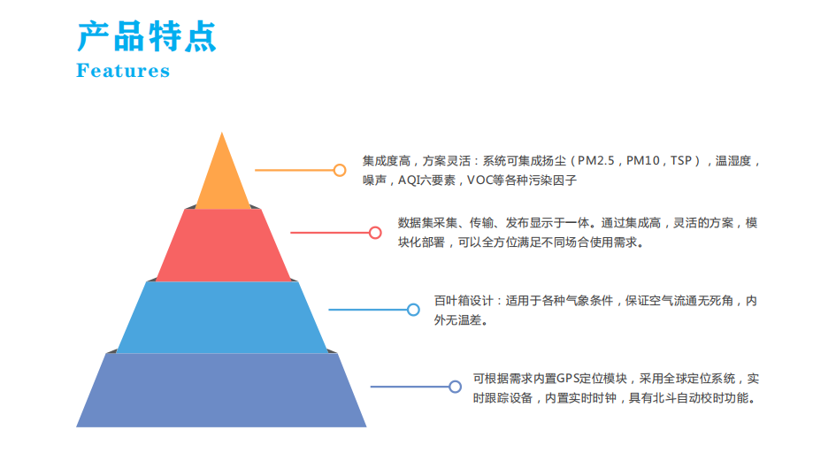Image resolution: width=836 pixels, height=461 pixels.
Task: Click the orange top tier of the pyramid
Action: [222, 179]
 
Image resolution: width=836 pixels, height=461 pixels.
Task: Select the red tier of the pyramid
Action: [223, 245]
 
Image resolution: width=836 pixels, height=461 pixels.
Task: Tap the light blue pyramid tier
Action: [222, 317]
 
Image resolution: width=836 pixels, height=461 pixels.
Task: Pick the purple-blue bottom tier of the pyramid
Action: [221, 390]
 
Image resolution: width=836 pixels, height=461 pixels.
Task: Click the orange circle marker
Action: [340, 170]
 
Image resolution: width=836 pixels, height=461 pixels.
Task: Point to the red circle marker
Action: [375, 233]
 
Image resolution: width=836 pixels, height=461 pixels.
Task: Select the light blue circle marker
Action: [413, 310]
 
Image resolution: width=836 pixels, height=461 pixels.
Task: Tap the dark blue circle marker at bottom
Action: [455, 387]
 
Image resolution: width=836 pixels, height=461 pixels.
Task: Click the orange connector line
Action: [295, 170]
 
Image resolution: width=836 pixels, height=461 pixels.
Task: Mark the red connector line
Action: [330, 233]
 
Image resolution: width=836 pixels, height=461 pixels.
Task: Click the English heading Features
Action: [123, 71]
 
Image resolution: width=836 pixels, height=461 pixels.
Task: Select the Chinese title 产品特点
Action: [147, 36]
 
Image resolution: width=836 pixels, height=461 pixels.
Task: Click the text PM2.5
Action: [596, 161]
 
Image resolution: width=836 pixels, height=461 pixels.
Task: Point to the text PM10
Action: [643, 161]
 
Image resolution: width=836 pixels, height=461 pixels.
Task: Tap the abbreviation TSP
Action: [681, 161]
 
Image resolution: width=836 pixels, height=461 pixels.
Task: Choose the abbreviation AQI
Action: [409, 181]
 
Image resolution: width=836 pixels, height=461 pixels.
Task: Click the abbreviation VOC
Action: [479, 181]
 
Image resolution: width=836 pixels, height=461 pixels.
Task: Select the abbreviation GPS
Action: [568, 379]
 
